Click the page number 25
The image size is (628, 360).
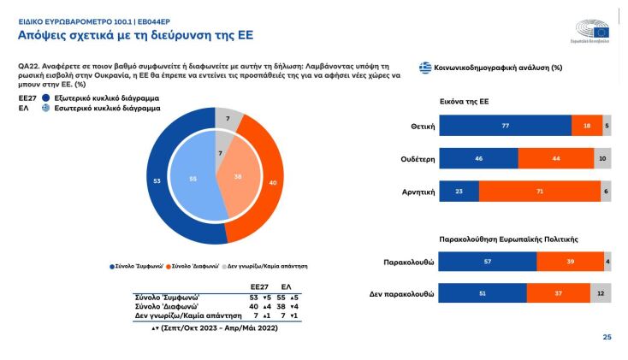(607, 337)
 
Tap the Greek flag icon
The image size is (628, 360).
(424, 68)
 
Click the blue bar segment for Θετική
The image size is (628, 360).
(505, 125)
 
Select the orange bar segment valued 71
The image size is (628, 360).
(539, 192)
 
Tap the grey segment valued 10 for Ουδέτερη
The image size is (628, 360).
(602, 158)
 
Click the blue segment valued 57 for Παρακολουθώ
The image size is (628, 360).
(488, 263)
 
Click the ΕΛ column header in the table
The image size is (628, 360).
(287, 286)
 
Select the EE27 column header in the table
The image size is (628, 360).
(259, 286)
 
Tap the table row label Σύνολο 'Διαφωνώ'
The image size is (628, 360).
(169, 305)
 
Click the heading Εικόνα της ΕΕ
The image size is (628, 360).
(464, 101)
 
